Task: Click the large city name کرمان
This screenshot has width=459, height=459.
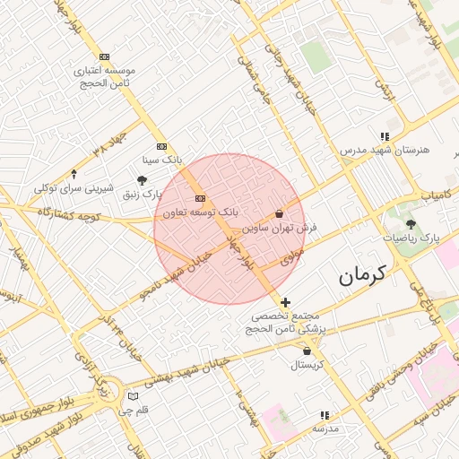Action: [361, 276]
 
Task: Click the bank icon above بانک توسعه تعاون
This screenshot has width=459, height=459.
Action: [200, 198]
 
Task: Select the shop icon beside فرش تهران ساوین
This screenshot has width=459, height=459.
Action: [280, 214]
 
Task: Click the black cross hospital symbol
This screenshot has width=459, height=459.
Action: [285, 303]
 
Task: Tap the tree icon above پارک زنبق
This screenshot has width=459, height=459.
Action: [143, 179]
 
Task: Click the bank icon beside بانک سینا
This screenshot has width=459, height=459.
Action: [161, 145]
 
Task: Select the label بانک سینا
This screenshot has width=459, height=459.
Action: [162, 160]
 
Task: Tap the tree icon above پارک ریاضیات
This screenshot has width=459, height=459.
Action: [411, 224]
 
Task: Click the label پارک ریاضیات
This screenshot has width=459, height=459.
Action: [412, 238]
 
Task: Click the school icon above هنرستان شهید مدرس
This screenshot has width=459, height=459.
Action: [385, 135]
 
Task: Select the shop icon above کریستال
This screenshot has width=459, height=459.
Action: [307, 351]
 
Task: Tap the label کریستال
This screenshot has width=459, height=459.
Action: [307, 366]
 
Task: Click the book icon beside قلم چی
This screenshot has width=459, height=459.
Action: [134, 396]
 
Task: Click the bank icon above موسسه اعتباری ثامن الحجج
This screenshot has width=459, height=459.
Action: [106, 56]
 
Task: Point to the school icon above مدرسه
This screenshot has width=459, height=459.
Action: [324, 416]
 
